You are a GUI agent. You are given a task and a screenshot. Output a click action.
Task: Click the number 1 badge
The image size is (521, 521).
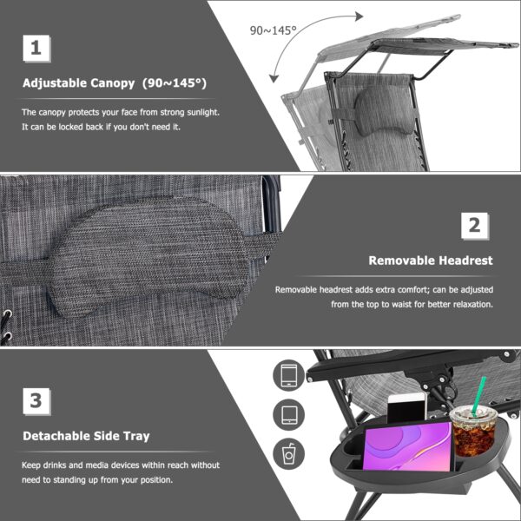35,49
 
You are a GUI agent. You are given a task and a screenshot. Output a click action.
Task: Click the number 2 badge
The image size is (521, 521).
474,226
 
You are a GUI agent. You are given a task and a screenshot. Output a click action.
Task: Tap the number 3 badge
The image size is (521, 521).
35,400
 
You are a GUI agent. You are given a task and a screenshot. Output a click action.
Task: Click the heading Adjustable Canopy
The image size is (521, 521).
115,84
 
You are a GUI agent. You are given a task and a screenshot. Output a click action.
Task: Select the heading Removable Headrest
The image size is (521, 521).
431,260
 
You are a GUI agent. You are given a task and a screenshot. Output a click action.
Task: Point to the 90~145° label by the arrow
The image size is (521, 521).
274,30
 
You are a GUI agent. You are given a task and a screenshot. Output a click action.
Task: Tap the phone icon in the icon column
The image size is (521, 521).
287,375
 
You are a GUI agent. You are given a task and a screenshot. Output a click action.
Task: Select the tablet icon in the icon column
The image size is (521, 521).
287,413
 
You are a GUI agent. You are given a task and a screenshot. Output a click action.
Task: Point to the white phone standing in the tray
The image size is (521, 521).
405,407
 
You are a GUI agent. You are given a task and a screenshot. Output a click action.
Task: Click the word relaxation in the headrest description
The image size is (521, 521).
467,305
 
